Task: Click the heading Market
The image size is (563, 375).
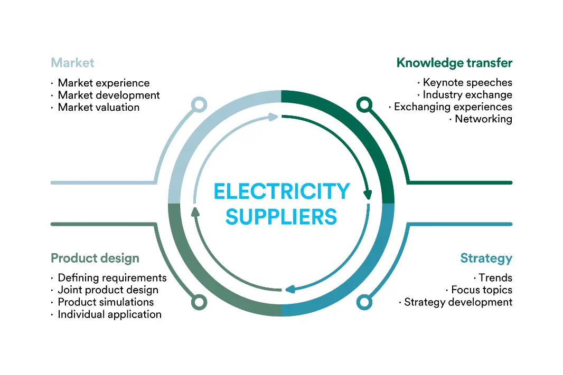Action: (x=72, y=63)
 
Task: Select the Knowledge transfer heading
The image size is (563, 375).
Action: (x=454, y=63)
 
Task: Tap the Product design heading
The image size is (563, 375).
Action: (x=95, y=258)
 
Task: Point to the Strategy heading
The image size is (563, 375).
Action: (x=486, y=258)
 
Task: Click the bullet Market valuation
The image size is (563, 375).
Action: (x=98, y=107)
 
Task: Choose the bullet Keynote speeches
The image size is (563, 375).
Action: (x=467, y=82)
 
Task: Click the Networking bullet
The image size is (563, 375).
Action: (x=483, y=119)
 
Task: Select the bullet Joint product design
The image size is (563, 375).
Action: (x=108, y=290)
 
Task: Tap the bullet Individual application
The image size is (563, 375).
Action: (x=109, y=314)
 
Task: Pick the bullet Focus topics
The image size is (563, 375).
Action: (x=482, y=290)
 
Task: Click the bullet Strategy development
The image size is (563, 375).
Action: (x=458, y=302)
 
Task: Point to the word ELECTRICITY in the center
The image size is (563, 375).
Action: (x=281, y=191)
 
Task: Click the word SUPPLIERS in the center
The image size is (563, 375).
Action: (x=281, y=217)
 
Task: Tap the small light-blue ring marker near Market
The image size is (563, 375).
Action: (x=199, y=104)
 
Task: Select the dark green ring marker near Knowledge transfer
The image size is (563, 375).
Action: (x=364, y=104)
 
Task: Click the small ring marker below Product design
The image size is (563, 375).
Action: (x=199, y=302)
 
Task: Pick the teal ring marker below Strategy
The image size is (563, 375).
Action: (x=364, y=302)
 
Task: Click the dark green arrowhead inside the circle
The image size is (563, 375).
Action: (x=368, y=195)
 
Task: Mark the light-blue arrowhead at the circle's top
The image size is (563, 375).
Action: (x=273, y=117)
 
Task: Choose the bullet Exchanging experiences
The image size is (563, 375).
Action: (x=453, y=107)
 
